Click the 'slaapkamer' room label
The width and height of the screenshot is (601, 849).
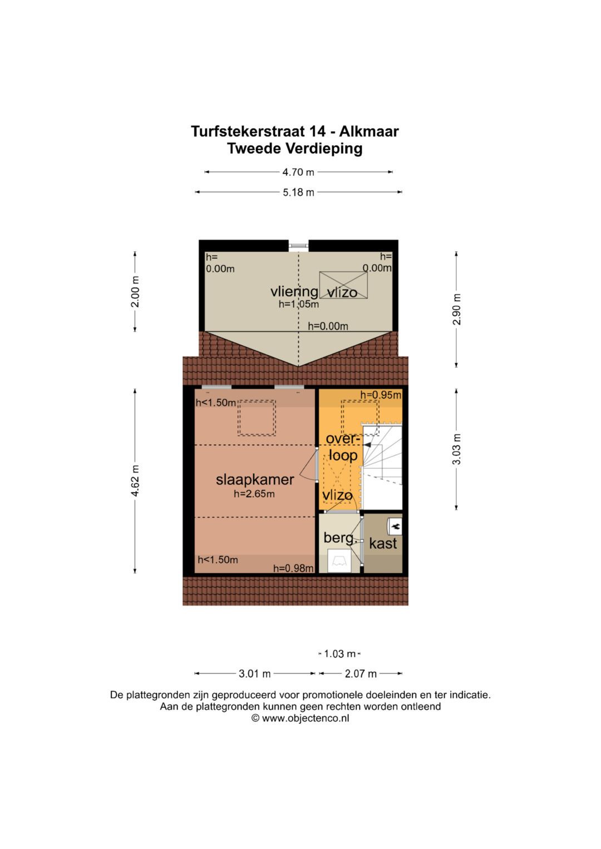(x=255, y=479)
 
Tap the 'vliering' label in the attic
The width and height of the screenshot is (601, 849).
(x=294, y=291)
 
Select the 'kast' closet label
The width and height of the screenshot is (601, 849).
(x=383, y=543)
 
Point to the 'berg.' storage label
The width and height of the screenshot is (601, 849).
(x=339, y=538)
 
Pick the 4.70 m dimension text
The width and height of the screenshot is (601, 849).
(x=298, y=172)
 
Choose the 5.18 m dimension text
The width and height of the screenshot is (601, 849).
(x=298, y=192)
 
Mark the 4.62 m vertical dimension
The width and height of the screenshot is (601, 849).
(x=135, y=481)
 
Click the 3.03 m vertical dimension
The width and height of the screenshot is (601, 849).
(x=457, y=449)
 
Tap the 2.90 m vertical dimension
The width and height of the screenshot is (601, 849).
(x=457, y=309)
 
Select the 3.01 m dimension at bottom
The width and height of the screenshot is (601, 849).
(x=255, y=674)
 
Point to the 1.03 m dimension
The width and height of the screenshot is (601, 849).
(x=339, y=654)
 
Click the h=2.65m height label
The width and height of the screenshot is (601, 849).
(x=254, y=494)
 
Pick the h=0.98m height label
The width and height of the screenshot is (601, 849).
(x=293, y=568)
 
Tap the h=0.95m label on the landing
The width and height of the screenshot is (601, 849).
(x=381, y=395)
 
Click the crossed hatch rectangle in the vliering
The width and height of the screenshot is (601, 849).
(x=343, y=285)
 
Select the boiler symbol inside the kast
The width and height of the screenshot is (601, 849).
(x=395, y=525)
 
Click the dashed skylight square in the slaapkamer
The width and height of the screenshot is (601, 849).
(x=257, y=418)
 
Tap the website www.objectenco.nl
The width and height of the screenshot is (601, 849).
(x=300, y=718)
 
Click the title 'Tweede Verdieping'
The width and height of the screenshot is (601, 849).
(x=295, y=148)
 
